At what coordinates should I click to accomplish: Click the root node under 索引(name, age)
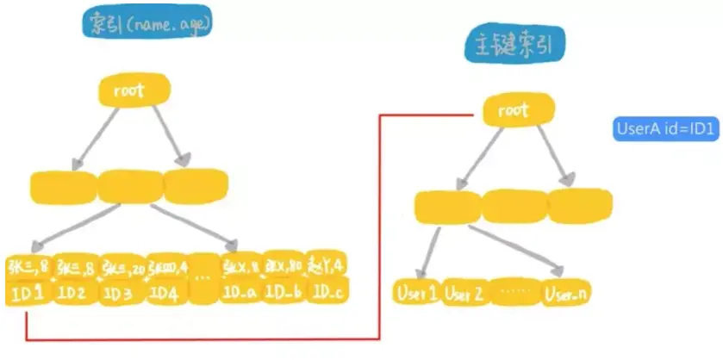pyautogui.click(x=134, y=90)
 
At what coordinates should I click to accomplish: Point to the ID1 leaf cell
pyautogui.click(x=28, y=293)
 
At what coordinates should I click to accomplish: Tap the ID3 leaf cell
pyautogui.click(x=121, y=293)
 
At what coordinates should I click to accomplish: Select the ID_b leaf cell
pyautogui.click(x=284, y=293)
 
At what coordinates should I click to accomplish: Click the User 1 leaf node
pyautogui.click(x=417, y=294)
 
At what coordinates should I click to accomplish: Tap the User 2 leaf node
pyautogui.click(x=466, y=294)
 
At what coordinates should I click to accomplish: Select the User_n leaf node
pyautogui.click(x=567, y=294)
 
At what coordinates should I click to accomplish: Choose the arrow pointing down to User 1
pyautogui.click(x=431, y=251)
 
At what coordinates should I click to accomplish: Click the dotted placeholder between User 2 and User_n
pyautogui.click(x=516, y=294)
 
